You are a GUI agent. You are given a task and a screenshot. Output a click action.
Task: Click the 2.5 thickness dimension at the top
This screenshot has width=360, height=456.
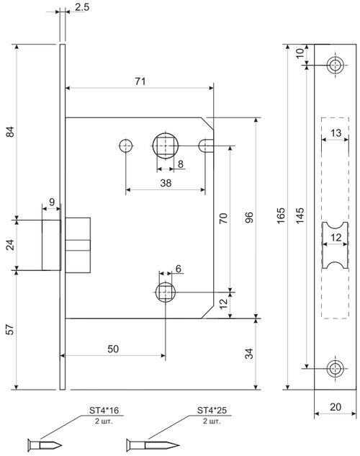coord(82,9)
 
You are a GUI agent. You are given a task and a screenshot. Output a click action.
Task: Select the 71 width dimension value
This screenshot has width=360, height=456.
coord(140,81)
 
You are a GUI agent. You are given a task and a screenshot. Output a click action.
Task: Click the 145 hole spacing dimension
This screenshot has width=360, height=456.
coord(300,214)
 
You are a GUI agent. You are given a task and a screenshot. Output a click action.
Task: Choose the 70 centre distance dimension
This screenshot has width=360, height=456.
coord(223,218)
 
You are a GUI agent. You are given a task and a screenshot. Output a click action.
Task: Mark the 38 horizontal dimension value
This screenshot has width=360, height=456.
coord(166,183)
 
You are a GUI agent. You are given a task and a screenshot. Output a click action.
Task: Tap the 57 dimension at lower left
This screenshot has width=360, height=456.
coord(8,331)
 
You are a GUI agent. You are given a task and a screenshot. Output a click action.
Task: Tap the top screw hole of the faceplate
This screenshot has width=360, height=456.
coord(333,66)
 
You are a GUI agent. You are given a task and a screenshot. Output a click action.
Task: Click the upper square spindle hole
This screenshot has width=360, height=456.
coord(166,146)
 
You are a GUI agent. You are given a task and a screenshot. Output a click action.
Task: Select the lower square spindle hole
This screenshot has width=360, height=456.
coord(166,292)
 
